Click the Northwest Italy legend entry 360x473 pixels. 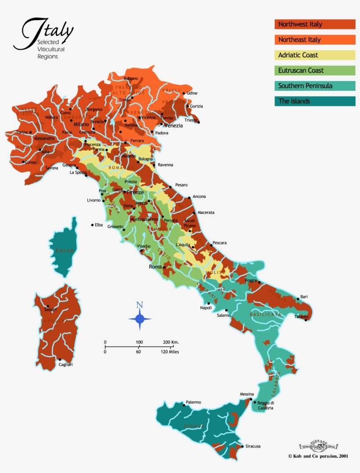[315, 24]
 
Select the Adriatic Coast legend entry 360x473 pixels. [315, 55]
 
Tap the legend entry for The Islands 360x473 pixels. [315, 101]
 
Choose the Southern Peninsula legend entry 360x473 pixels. [315, 86]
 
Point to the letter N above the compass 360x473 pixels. [140, 305]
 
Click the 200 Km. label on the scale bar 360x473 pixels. [171, 342]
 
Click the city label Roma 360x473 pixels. [155, 266]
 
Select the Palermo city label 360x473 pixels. [193, 402]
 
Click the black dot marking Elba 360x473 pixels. [92, 225]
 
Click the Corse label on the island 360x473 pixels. [65, 250]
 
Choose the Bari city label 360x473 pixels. [304, 297]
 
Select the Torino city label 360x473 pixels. [22, 132]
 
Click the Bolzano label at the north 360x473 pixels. [131, 78]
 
